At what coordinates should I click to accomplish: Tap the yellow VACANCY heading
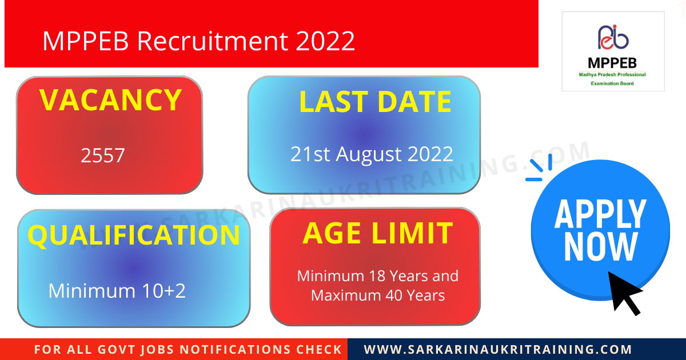[x=110, y=100]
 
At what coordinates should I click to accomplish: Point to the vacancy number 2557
[x=103, y=155]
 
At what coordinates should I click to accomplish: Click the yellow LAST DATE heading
[x=375, y=102]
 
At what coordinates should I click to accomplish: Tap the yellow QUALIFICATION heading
[x=134, y=235]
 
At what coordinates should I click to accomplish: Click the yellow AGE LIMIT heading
[x=377, y=233]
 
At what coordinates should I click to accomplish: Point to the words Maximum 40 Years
[x=378, y=295]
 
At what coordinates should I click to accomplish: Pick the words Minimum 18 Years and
[x=378, y=276]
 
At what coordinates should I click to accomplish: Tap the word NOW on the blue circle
[x=600, y=247]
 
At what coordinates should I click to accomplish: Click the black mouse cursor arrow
[x=624, y=291]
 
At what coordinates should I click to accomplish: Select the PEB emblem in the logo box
[x=613, y=38]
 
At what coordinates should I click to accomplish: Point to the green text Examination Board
[x=612, y=83]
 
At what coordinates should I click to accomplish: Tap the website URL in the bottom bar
[x=498, y=349]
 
